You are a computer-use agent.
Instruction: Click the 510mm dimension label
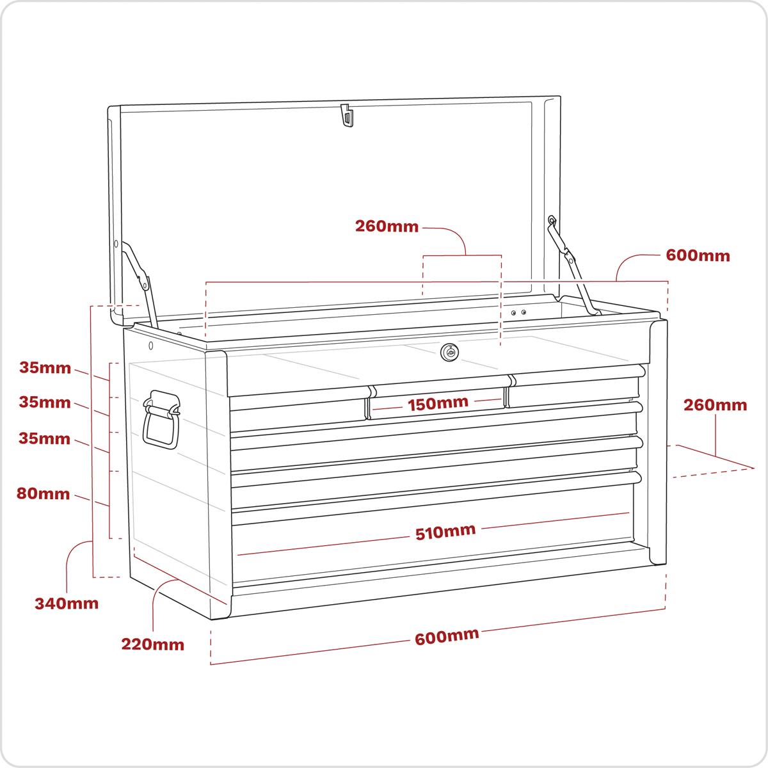click(445, 532)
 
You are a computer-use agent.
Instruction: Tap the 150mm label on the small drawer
click(438, 403)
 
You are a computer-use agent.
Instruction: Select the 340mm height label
click(67, 604)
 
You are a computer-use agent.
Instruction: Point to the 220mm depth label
click(153, 644)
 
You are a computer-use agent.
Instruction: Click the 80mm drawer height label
click(43, 494)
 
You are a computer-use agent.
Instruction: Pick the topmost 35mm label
click(45, 367)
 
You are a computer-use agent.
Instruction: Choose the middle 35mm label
click(45, 402)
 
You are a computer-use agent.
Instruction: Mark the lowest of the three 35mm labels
click(44, 438)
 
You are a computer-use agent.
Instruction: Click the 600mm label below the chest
click(447, 636)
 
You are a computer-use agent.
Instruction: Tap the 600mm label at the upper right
click(698, 255)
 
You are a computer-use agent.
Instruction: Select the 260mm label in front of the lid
click(387, 227)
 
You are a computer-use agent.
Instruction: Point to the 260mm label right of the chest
click(716, 405)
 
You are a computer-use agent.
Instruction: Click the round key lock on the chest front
click(449, 352)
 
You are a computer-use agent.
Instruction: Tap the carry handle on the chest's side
click(161, 419)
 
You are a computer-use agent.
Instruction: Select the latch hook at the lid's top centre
click(347, 116)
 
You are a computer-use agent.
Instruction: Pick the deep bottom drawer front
click(433, 541)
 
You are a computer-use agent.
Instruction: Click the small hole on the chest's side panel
click(150, 346)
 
